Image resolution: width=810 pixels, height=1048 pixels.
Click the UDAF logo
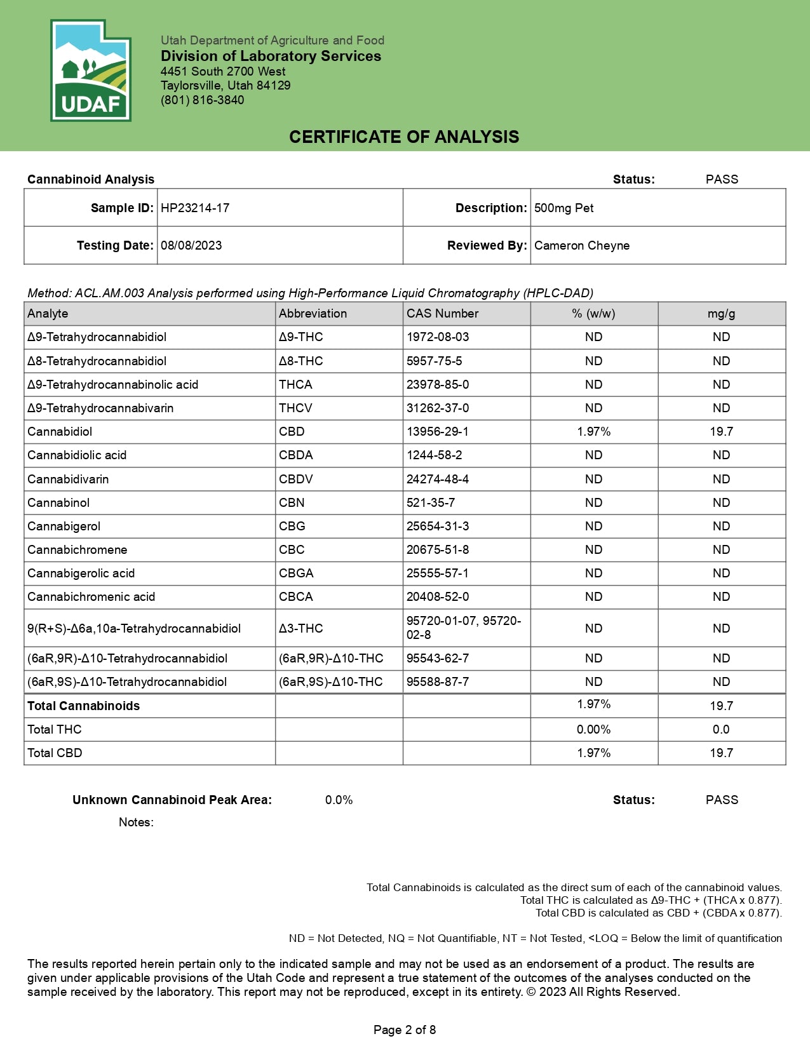tap(90, 71)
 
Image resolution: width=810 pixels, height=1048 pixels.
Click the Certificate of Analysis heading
tap(404, 137)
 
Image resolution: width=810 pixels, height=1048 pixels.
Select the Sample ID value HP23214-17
tap(195, 208)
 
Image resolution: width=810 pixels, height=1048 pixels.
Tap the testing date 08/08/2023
tap(191, 246)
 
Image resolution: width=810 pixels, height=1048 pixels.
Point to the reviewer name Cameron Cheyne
tap(582, 246)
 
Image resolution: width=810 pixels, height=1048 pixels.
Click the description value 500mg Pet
tap(564, 208)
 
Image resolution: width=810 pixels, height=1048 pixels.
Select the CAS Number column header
tap(443, 314)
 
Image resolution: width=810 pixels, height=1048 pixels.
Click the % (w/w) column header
tap(593, 314)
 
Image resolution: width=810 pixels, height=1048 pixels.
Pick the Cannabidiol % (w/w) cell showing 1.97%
tap(593, 432)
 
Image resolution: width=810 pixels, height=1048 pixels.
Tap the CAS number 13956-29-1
tap(438, 432)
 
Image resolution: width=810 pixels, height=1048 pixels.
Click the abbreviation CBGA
tap(296, 574)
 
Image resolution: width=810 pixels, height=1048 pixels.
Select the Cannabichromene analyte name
tap(78, 550)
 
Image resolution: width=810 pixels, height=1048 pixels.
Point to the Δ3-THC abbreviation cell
tap(301, 629)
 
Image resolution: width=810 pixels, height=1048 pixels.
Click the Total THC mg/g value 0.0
tap(721, 730)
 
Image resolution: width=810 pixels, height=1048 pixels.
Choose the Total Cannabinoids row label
tap(84, 706)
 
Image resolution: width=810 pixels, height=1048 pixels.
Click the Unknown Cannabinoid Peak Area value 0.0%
tap(339, 800)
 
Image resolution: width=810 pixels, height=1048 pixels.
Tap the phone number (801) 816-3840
tap(202, 100)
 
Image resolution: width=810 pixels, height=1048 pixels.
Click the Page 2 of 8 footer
tap(405, 1030)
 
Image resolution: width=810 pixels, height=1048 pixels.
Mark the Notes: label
tap(136, 823)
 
